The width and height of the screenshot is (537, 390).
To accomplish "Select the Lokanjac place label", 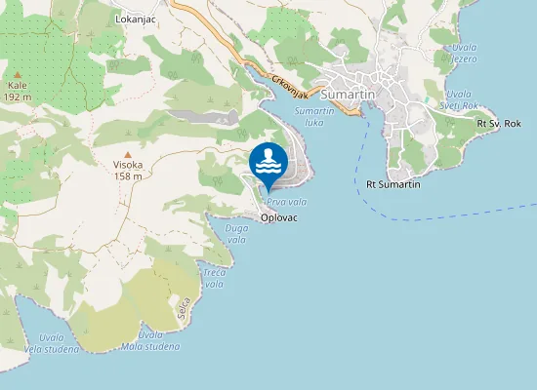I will click(135, 19).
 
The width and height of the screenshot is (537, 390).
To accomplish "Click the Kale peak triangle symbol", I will click(17, 74).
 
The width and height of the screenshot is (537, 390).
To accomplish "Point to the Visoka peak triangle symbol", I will click(127, 154).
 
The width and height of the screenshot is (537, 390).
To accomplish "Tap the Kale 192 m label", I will click(17, 91).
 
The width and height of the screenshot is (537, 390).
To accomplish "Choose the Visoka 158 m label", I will click(128, 171).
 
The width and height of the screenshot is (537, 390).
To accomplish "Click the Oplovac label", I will click(279, 218).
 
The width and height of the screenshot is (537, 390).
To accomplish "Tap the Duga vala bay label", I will click(236, 233).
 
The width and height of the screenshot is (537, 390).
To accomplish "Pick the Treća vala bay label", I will click(213, 278).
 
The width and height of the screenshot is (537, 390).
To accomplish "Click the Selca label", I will click(182, 309).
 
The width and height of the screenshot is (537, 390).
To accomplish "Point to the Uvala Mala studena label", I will click(150, 340).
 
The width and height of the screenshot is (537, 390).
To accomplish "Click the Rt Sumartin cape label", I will click(392, 184).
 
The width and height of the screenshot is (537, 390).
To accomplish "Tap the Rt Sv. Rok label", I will click(499, 124).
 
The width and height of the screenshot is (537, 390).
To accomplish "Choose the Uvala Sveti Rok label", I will click(459, 99).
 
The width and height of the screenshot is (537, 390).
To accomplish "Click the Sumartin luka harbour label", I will click(314, 117).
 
